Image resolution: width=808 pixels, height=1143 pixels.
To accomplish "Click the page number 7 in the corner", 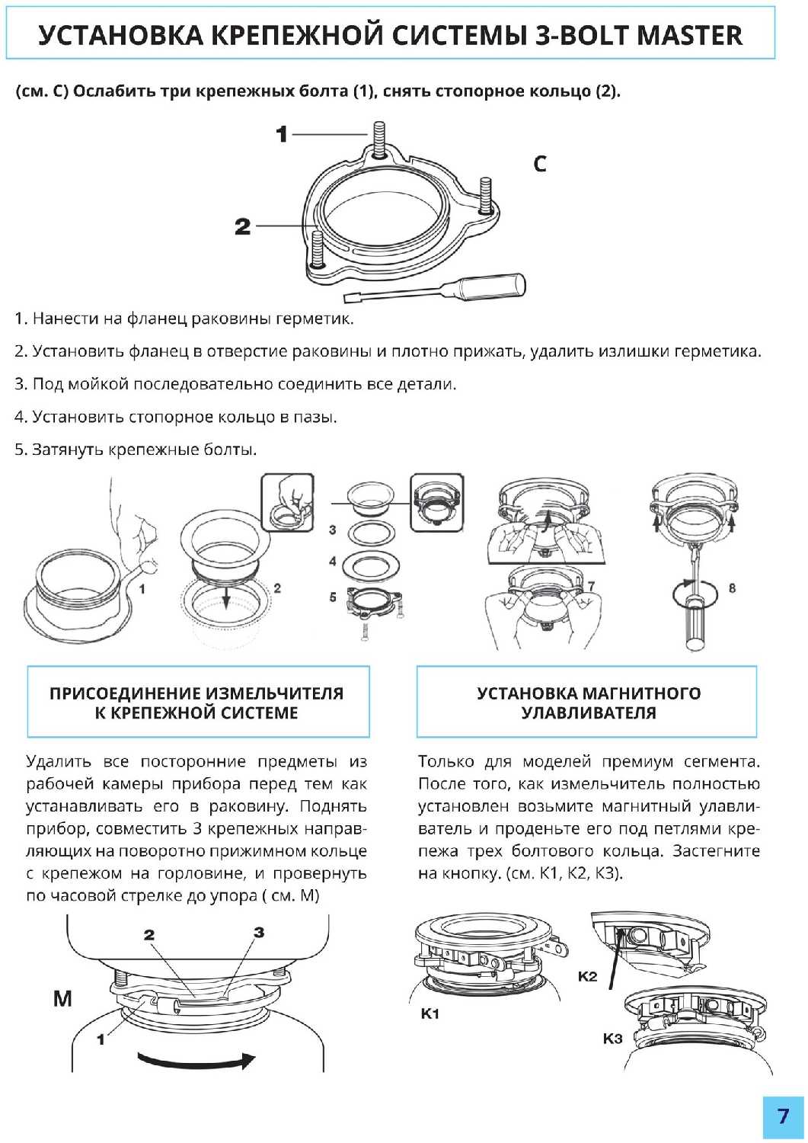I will (x=783, y=1116).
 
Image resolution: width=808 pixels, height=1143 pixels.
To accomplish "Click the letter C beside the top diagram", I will (x=540, y=164).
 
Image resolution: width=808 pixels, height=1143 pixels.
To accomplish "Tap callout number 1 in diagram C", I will (x=282, y=135).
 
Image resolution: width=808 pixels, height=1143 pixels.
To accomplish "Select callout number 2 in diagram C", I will (x=243, y=226).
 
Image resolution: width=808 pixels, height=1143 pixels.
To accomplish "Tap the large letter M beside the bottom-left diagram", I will (x=62, y=998).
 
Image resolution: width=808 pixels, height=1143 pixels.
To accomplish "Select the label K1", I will (x=430, y=1014).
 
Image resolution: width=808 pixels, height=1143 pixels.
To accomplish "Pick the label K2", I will (x=587, y=976).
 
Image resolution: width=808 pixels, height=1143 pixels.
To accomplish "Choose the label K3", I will (x=612, y=1039).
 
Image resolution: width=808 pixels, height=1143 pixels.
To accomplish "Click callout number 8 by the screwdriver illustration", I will (x=733, y=588).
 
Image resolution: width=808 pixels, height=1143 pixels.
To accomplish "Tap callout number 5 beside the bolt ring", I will (x=333, y=597).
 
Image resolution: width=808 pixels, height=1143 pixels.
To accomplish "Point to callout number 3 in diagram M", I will (x=259, y=932).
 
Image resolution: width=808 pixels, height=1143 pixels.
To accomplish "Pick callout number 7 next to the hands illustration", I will (x=591, y=586).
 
